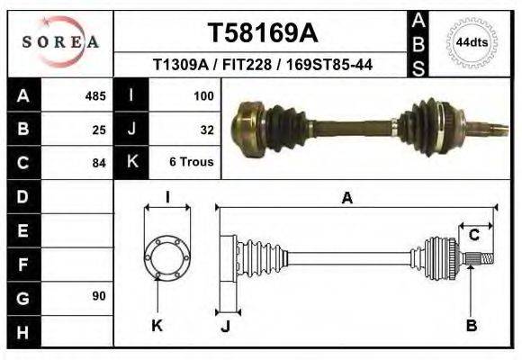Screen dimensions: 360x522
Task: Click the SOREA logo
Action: click(60, 41)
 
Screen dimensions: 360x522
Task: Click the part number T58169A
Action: click(263, 33)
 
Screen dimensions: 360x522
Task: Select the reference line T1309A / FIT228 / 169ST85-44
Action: click(263, 65)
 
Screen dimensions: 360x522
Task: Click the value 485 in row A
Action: click(95, 94)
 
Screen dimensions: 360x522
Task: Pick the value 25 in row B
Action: click(100, 129)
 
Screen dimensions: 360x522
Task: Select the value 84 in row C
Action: click(100, 163)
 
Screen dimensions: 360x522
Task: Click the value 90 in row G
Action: click(98, 296)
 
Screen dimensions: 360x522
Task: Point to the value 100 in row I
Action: click(202, 94)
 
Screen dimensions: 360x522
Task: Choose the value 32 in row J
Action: click(206, 129)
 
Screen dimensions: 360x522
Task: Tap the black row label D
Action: click(22, 196)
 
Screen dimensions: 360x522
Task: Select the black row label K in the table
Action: click(131, 163)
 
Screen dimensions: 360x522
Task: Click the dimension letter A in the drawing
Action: click(347, 198)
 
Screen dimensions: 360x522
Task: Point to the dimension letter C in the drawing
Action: click(473, 236)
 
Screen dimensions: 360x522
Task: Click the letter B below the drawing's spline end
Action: click(471, 326)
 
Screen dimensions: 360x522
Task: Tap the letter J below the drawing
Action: click(225, 327)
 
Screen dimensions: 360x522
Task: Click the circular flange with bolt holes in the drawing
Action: click(167, 256)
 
